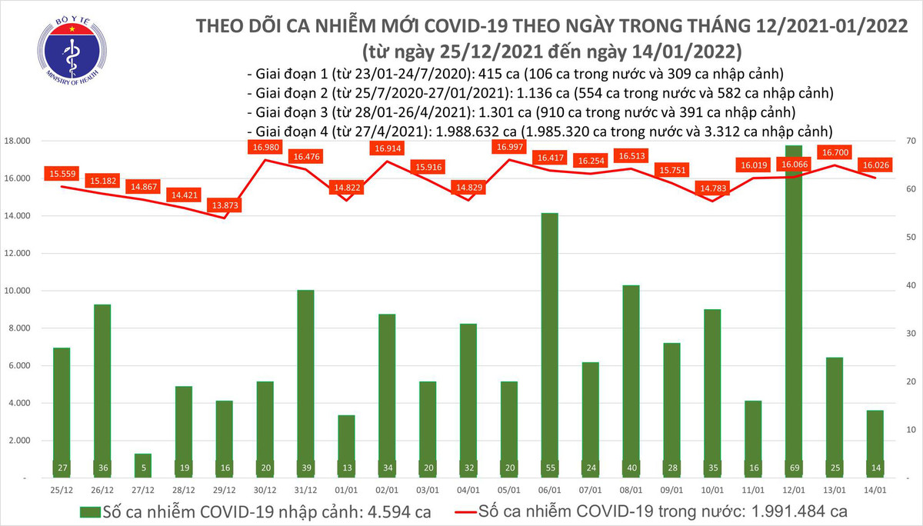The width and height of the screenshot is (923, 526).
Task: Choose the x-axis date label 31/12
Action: [305, 488]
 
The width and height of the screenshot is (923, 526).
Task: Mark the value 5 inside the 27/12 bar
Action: [144, 468]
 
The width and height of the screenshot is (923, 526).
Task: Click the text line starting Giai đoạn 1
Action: [515, 75]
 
